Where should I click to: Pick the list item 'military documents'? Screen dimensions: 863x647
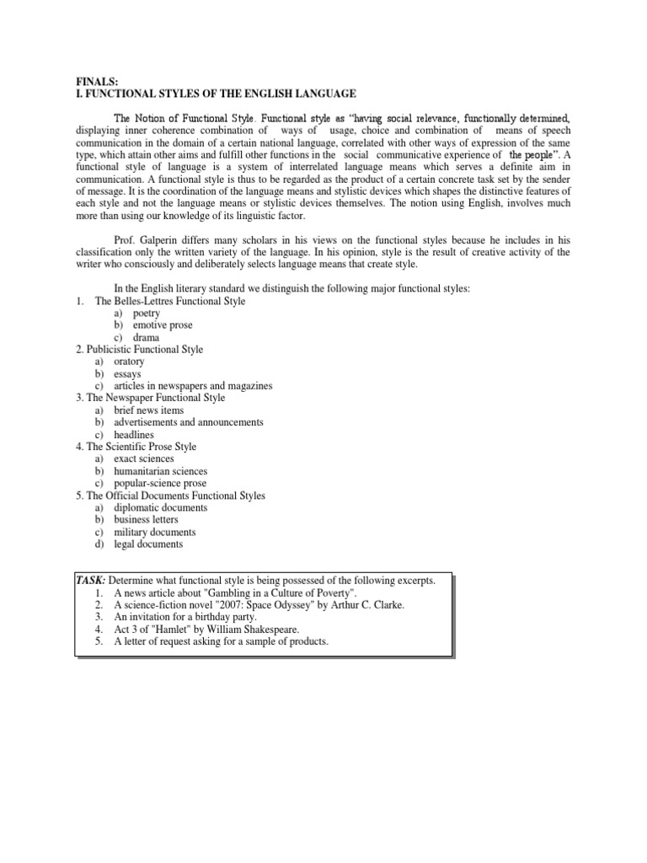(154, 532)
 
